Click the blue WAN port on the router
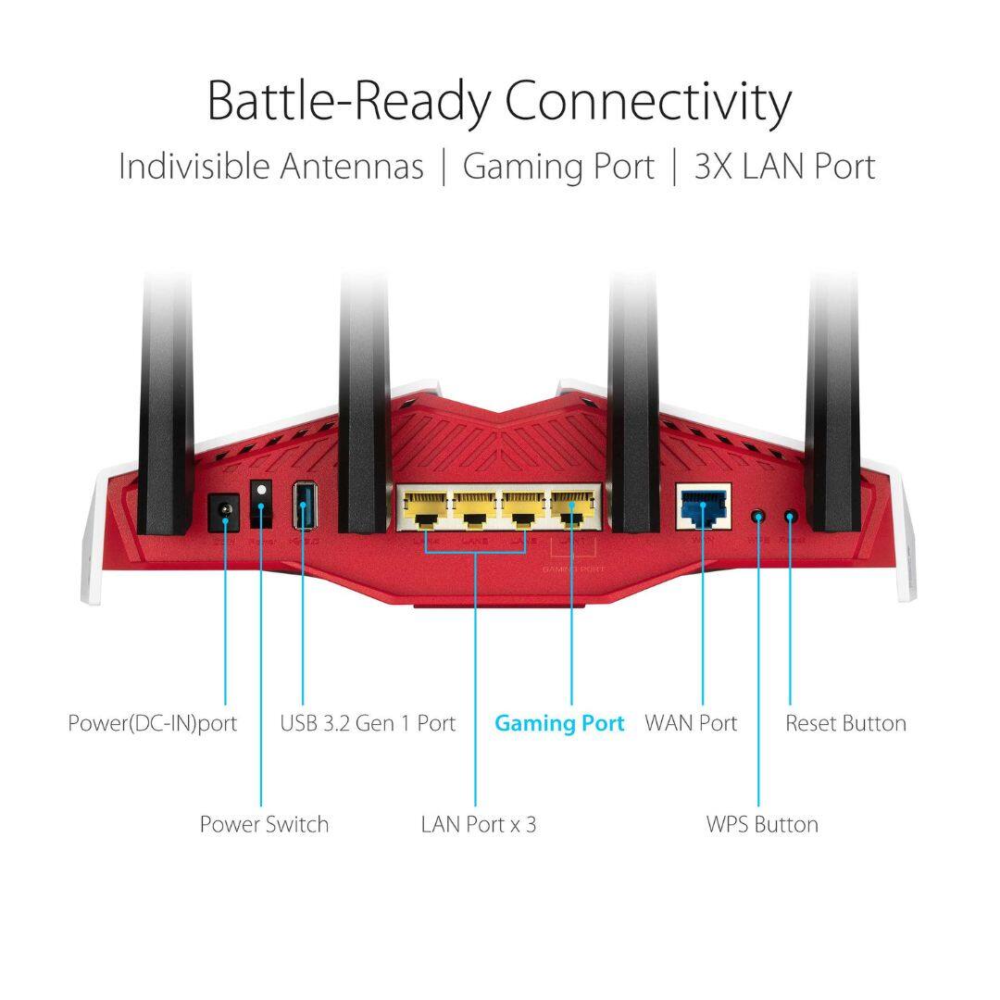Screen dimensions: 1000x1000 tap(703, 506)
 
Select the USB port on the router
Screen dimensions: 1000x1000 tap(303, 506)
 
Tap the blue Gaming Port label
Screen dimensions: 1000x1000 tap(559, 723)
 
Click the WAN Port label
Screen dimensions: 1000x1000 tap(691, 723)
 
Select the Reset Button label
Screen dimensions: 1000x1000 tap(845, 723)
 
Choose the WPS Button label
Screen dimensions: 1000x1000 tap(762, 824)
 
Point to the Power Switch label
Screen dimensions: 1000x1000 tap(264, 824)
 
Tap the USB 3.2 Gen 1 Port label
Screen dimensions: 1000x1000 tap(368, 723)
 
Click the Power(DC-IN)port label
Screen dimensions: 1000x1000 tap(153, 723)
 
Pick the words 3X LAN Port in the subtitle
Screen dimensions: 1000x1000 tap(784, 167)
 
